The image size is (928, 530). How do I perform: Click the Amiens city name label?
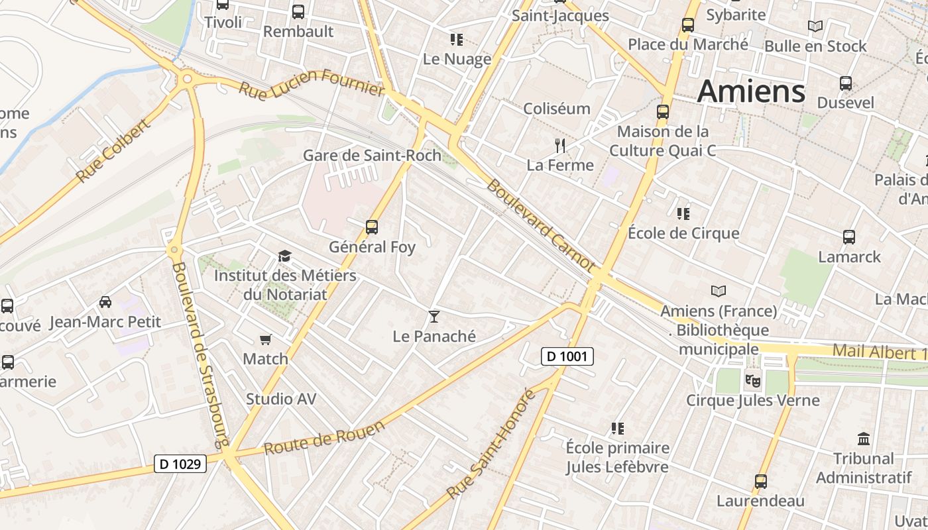point(751,91)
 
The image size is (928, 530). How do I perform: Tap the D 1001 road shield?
point(567,356)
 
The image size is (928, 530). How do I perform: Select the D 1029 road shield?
point(180,464)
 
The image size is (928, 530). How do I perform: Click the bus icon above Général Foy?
point(372,227)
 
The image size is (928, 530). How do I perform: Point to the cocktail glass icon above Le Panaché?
point(434,317)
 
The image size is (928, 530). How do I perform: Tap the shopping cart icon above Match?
point(266,340)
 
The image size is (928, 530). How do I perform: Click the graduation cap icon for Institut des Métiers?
point(284,256)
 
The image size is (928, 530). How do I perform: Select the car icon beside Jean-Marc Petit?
point(105,302)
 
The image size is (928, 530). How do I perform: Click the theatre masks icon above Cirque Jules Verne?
point(752,380)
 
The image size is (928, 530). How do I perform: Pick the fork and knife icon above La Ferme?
point(560,145)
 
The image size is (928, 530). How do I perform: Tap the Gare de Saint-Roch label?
point(372,155)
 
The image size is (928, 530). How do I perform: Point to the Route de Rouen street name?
point(324,438)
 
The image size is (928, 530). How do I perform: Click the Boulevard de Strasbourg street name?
point(200,354)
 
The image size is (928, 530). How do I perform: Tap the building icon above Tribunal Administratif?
point(864,439)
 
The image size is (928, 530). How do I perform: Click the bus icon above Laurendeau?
point(761,482)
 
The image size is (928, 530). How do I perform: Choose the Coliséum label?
point(557,109)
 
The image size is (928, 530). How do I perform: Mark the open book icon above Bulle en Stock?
point(815,26)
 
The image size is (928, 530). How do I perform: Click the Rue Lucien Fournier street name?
point(312,82)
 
